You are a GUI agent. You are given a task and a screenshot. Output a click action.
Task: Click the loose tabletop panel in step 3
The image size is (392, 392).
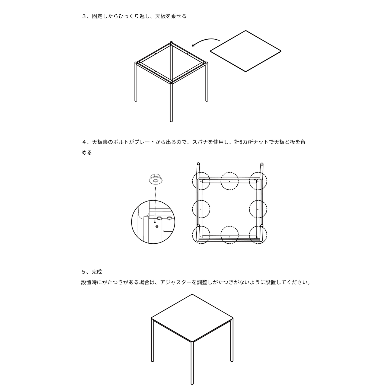pyautogui.click(x=246, y=51)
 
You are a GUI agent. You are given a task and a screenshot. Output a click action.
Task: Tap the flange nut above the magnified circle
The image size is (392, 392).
pyautogui.click(x=156, y=179)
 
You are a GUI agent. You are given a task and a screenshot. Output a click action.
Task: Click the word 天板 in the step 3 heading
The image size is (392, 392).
pyautogui.click(x=160, y=16)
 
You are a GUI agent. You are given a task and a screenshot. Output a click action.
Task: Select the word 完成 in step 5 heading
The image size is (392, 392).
pyautogui.click(x=97, y=272)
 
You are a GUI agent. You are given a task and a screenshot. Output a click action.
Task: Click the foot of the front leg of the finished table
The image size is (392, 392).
pyautogui.click(x=192, y=383)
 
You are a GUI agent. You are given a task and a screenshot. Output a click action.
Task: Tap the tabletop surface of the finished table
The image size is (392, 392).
pyautogui.click(x=192, y=318)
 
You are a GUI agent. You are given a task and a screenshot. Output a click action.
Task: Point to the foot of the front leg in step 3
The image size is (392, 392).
pyautogui.click(x=171, y=120)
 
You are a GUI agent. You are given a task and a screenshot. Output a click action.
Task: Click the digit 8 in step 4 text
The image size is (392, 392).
pyautogui.click(x=241, y=142)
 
